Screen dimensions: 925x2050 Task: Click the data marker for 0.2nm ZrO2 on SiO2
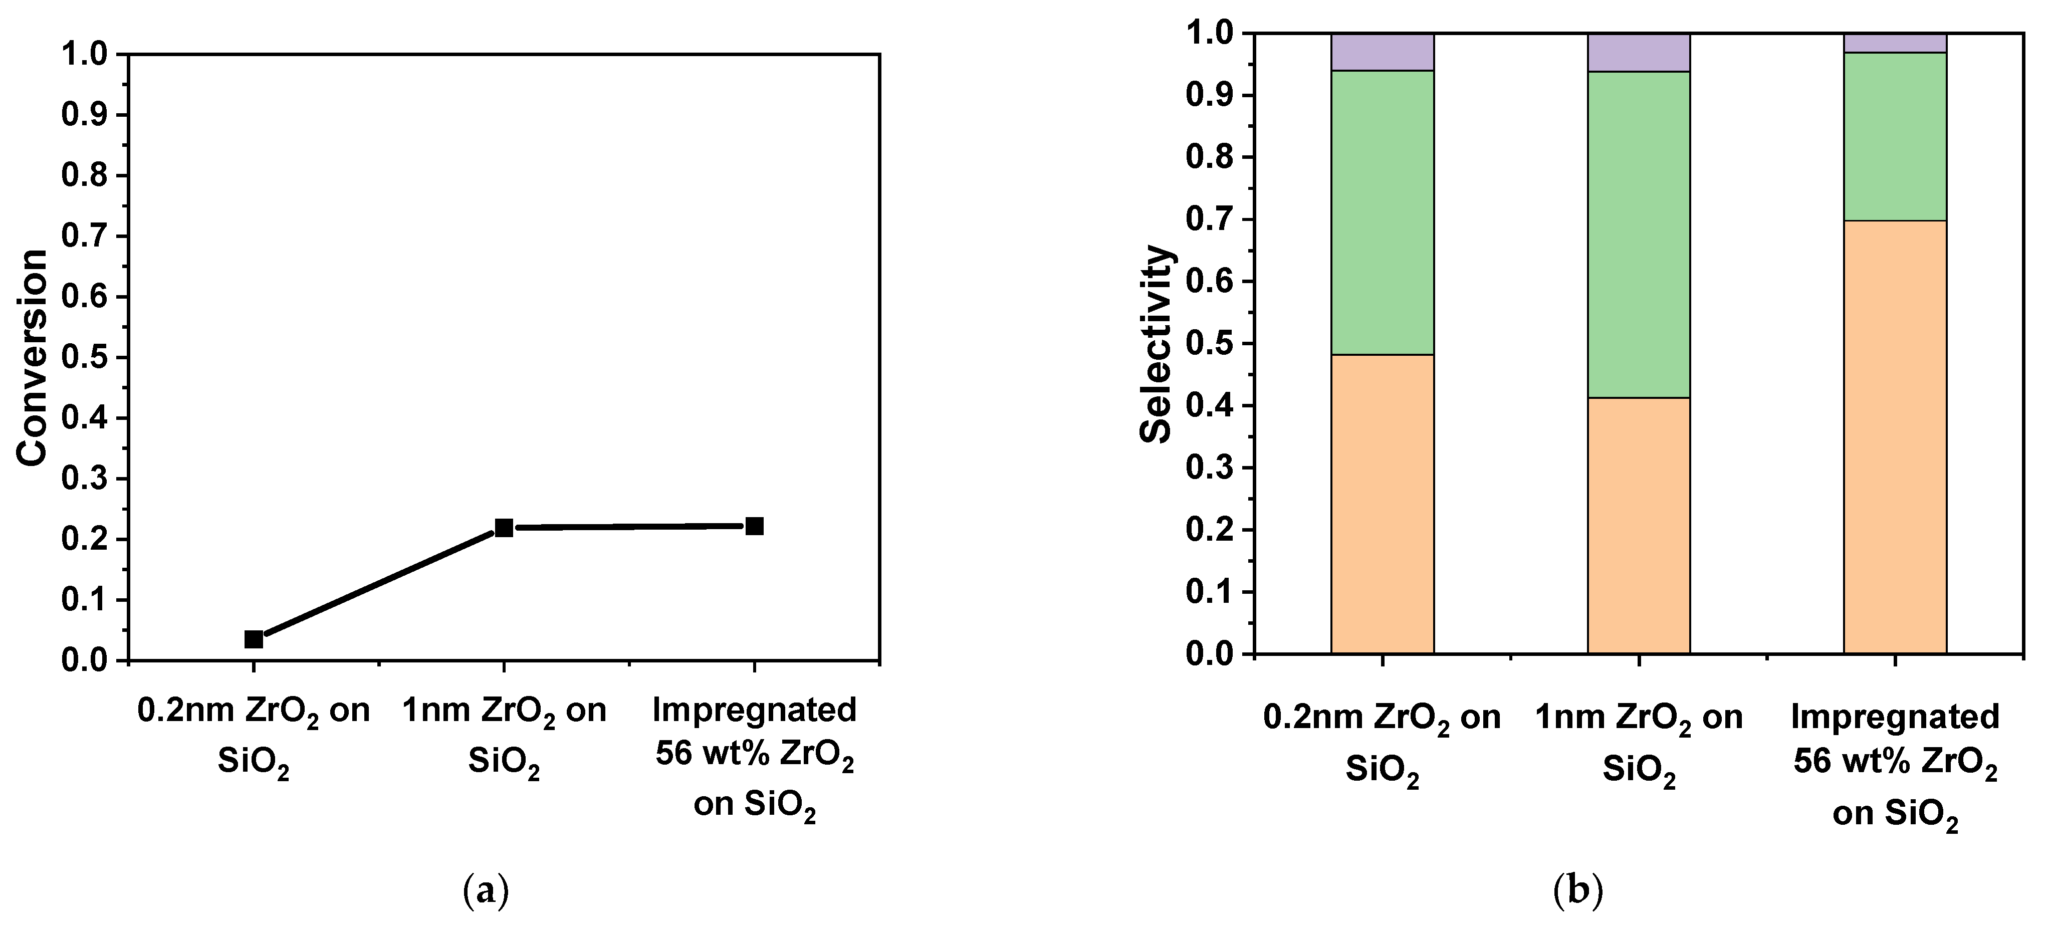254,638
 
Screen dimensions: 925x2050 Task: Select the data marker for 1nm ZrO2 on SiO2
504,527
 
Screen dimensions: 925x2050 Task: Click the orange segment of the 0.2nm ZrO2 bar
1383,504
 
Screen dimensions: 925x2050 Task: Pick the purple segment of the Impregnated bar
1895,43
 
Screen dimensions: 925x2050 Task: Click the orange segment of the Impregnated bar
1895,436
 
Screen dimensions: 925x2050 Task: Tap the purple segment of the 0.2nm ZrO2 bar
1383,52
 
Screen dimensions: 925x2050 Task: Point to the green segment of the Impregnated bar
1895,136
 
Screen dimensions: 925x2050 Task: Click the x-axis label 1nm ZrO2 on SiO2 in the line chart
504,735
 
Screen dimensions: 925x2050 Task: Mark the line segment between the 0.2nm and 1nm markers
379,583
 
